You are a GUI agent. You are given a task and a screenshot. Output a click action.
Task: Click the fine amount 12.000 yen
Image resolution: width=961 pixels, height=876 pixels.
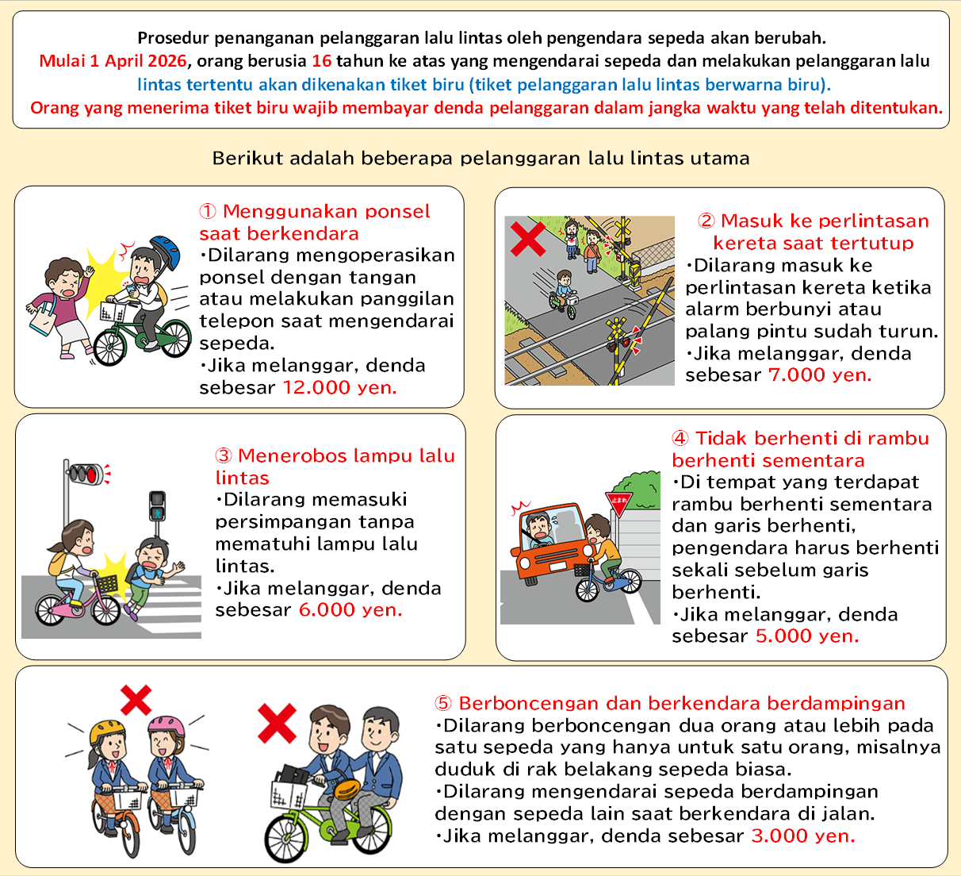coord(339,387)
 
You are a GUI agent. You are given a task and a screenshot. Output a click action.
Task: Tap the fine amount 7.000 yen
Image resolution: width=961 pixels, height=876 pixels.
coord(820,375)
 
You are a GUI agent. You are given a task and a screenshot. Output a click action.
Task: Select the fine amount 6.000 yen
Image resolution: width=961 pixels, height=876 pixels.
coord(350,610)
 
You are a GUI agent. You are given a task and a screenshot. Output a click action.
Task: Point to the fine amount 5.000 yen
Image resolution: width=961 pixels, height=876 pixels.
coord(807,636)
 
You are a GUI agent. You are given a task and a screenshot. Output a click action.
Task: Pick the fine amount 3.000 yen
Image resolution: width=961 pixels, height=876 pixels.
coord(803,836)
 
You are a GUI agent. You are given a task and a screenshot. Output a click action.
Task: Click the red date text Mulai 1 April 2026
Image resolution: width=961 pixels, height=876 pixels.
coord(113,61)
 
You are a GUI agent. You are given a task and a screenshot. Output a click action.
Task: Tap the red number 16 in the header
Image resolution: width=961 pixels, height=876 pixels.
coord(321,61)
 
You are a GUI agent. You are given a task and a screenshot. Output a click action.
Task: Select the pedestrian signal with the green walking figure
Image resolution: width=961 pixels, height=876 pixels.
coord(157,506)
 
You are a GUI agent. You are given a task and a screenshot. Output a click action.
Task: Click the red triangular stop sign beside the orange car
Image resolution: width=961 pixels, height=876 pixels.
coord(619,502)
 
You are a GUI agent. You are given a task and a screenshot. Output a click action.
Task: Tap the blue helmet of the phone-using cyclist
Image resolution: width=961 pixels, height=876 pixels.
coord(166,252)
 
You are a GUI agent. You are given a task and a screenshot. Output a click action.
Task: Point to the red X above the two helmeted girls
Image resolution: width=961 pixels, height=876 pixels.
coord(136,700)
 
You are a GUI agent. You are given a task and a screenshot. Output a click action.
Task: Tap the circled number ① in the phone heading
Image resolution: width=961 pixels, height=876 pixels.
coord(208,211)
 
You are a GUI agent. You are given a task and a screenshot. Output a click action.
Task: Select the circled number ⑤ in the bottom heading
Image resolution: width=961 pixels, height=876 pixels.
coord(443,703)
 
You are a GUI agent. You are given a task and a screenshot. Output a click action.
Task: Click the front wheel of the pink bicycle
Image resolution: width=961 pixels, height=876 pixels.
coord(106,609)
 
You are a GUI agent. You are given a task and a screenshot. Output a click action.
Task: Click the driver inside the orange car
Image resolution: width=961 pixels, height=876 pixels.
coord(540,529)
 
